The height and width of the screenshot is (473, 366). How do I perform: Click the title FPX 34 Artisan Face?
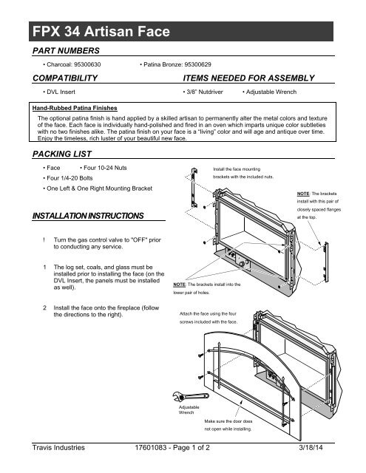(101, 31)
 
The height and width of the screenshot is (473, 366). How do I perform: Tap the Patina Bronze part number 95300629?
(197, 64)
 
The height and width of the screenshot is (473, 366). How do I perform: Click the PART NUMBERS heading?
(66, 51)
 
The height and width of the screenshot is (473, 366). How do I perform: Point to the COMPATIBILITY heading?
(65, 78)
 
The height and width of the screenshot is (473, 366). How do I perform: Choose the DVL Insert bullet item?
(59, 92)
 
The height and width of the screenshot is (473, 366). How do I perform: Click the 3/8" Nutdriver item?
(203, 92)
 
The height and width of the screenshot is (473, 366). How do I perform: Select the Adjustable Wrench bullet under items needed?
(269, 92)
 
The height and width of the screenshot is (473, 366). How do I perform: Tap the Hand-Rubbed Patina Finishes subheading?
(75, 108)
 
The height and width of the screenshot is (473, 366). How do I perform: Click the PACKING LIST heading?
(62, 154)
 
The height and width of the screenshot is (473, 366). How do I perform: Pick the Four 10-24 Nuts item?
(104, 168)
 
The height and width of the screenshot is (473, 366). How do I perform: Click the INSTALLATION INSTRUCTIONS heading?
(88, 216)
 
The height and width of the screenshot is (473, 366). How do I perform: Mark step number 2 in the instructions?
(44, 308)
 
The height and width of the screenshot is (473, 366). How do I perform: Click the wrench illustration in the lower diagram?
(190, 396)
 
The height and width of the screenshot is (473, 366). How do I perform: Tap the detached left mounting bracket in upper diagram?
(194, 188)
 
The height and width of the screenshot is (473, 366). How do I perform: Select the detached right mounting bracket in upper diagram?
(326, 262)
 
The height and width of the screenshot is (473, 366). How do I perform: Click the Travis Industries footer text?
(58, 448)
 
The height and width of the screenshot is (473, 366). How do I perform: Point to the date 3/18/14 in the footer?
(311, 448)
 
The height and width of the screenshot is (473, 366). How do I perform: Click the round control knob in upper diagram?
(242, 264)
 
